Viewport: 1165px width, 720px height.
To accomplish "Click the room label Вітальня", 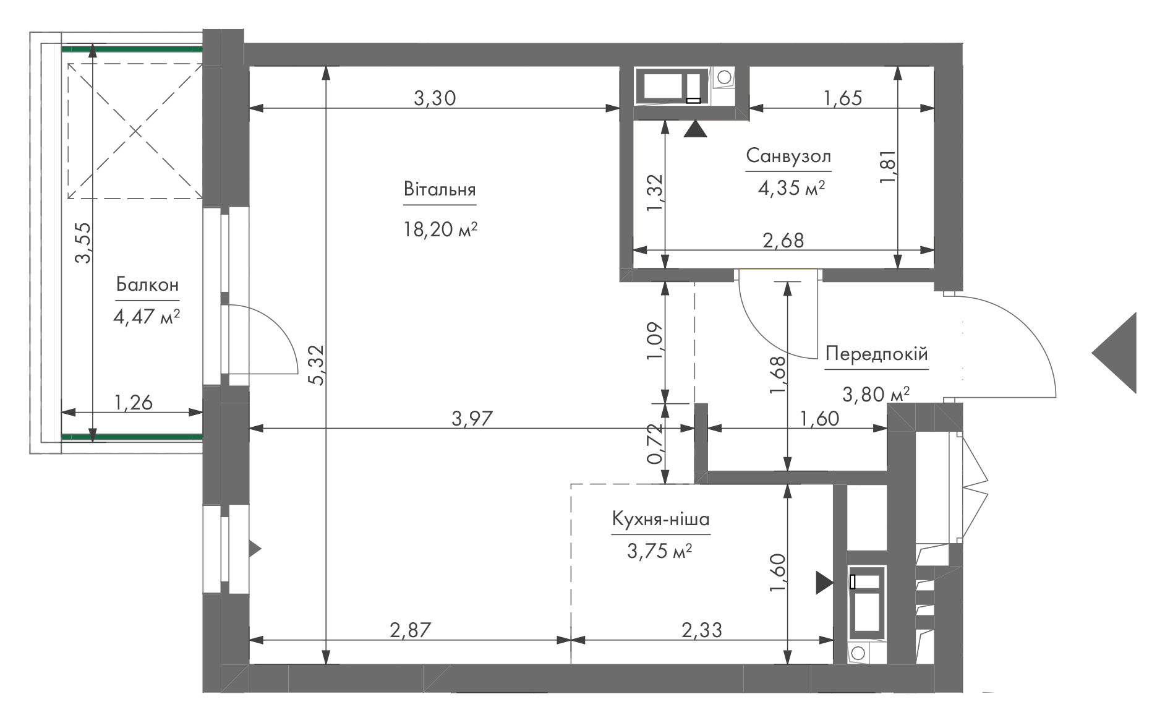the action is [x=440, y=189].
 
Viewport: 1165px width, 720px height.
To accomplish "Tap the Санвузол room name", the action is [x=788, y=155].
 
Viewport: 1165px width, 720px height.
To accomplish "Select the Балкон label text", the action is [x=147, y=285].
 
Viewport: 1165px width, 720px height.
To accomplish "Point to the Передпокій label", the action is [x=877, y=354].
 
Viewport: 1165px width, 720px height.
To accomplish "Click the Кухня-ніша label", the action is [x=660, y=519].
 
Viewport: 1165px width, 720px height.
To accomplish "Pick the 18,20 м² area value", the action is [x=440, y=230].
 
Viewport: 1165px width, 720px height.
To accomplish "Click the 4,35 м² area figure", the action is [x=792, y=187].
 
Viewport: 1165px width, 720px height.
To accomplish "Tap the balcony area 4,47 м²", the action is [x=147, y=317].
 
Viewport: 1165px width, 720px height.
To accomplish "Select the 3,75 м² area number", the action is [x=659, y=551].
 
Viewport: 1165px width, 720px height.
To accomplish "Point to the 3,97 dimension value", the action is [x=472, y=419].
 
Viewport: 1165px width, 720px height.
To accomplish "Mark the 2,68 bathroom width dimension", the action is [x=783, y=240].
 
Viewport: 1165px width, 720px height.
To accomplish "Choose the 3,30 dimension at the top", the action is [x=435, y=98].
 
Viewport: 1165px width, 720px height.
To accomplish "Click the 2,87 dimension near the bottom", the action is [x=409, y=630].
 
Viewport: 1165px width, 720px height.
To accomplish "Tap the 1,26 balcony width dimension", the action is [x=133, y=403].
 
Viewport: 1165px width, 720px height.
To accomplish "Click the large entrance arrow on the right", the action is [x=1114, y=353].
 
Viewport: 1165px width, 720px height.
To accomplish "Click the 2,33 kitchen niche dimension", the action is [x=701, y=630].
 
